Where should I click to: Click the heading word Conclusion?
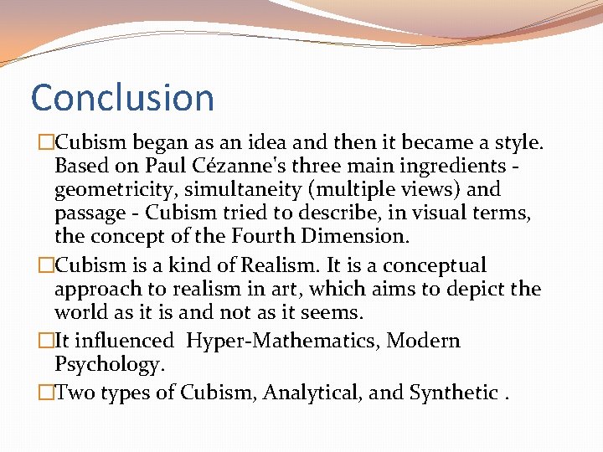[122, 98]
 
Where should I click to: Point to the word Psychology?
[106, 365]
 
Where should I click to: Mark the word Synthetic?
[452, 393]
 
